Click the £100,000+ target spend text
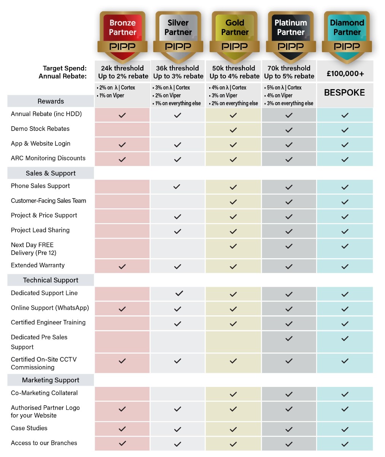[x=345, y=74]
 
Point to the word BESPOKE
[x=344, y=93]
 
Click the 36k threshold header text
[x=177, y=68]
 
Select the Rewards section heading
[x=51, y=101]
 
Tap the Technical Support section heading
[x=51, y=280]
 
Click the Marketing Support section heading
[x=51, y=380]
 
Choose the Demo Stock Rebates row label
[x=40, y=129]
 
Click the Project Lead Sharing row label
[x=40, y=230]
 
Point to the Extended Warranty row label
[x=38, y=265]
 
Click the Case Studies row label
[x=29, y=428]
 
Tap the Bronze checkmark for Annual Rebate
[x=122, y=115]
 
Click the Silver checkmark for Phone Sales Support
[x=177, y=187]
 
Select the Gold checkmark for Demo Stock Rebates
[x=233, y=130]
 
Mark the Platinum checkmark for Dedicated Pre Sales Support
[x=289, y=338]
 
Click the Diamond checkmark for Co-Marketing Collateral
[x=345, y=394]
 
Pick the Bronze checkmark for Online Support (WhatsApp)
[x=122, y=309]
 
